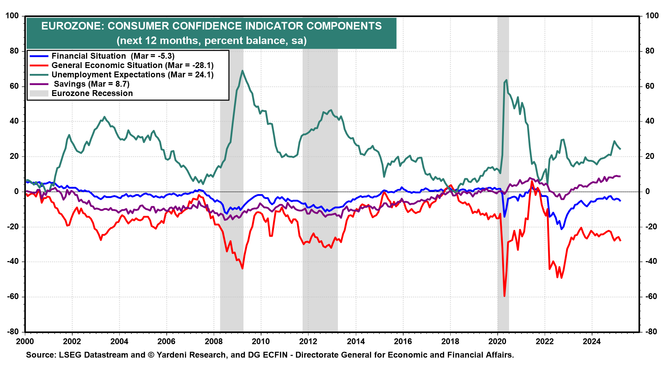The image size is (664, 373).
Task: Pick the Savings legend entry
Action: coord(92,84)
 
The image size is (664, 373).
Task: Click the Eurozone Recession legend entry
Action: coord(92,93)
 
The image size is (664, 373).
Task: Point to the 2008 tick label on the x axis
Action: coord(213,342)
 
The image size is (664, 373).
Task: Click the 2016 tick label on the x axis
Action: coord(403,342)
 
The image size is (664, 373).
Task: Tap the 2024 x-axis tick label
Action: coord(592,342)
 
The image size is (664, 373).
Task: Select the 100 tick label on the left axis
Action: coord(12,16)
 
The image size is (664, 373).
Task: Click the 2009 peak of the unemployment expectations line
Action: coord(242,71)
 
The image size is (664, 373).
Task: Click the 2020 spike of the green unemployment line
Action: coord(507,80)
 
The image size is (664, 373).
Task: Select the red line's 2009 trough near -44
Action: coord(242,268)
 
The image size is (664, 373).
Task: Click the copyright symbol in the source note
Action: coord(151,355)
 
